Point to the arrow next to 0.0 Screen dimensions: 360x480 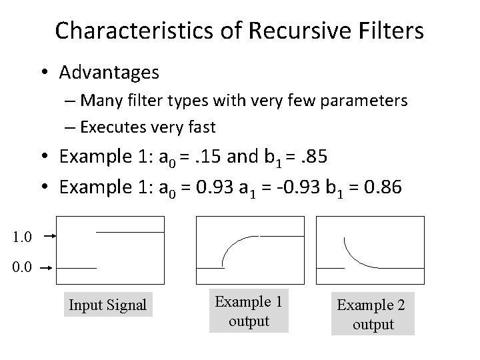tap(47, 268)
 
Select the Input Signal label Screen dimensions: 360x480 tap(107, 305)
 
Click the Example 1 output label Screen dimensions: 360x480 tap(249, 311)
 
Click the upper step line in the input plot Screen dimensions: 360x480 tap(130, 231)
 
